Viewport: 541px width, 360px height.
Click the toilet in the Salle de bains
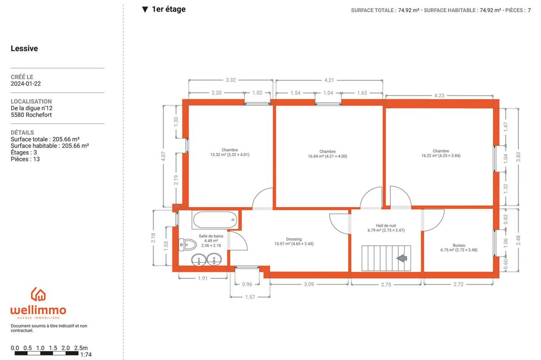pyautogui.click(x=187, y=245)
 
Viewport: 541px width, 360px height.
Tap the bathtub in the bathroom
pyautogui.click(x=215, y=220)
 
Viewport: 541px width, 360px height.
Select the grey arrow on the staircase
pyautogui.click(x=402, y=258)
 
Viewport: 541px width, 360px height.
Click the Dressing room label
pyautogui.click(x=294, y=242)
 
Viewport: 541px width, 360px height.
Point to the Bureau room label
pyautogui.click(x=459, y=247)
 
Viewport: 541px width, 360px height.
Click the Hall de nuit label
pyautogui.click(x=386, y=228)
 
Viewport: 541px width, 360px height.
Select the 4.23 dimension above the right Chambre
pyautogui.click(x=439, y=95)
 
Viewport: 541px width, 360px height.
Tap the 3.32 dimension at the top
pyautogui.click(x=230, y=80)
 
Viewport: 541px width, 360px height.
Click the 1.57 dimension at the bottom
pyautogui.click(x=250, y=297)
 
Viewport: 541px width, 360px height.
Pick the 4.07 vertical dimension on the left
pyautogui.click(x=163, y=156)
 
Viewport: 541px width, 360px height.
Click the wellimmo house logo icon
pyautogui.click(x=38, y=294)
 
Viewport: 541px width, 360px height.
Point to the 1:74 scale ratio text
pyautogui.click(x=86, y=355)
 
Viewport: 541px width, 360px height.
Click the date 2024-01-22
pyautogui.click(x=26, y=84)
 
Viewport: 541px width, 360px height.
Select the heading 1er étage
pyautogui.click(x=169, y=9)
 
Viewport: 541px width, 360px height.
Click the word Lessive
pyautogui.click(x=24, y=48)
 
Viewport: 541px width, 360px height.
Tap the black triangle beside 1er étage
pyautogui.click(x=145, y=9)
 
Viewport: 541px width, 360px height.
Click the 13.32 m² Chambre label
pyautogui.click(x=230, y=153)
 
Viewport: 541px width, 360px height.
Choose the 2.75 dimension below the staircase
pyautogui.click(x=386, y=284)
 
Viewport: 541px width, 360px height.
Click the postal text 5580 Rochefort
pyautogui.click(x=31, y=115)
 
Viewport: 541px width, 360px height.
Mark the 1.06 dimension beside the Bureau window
pyautogui.click(x=506, y=243)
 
